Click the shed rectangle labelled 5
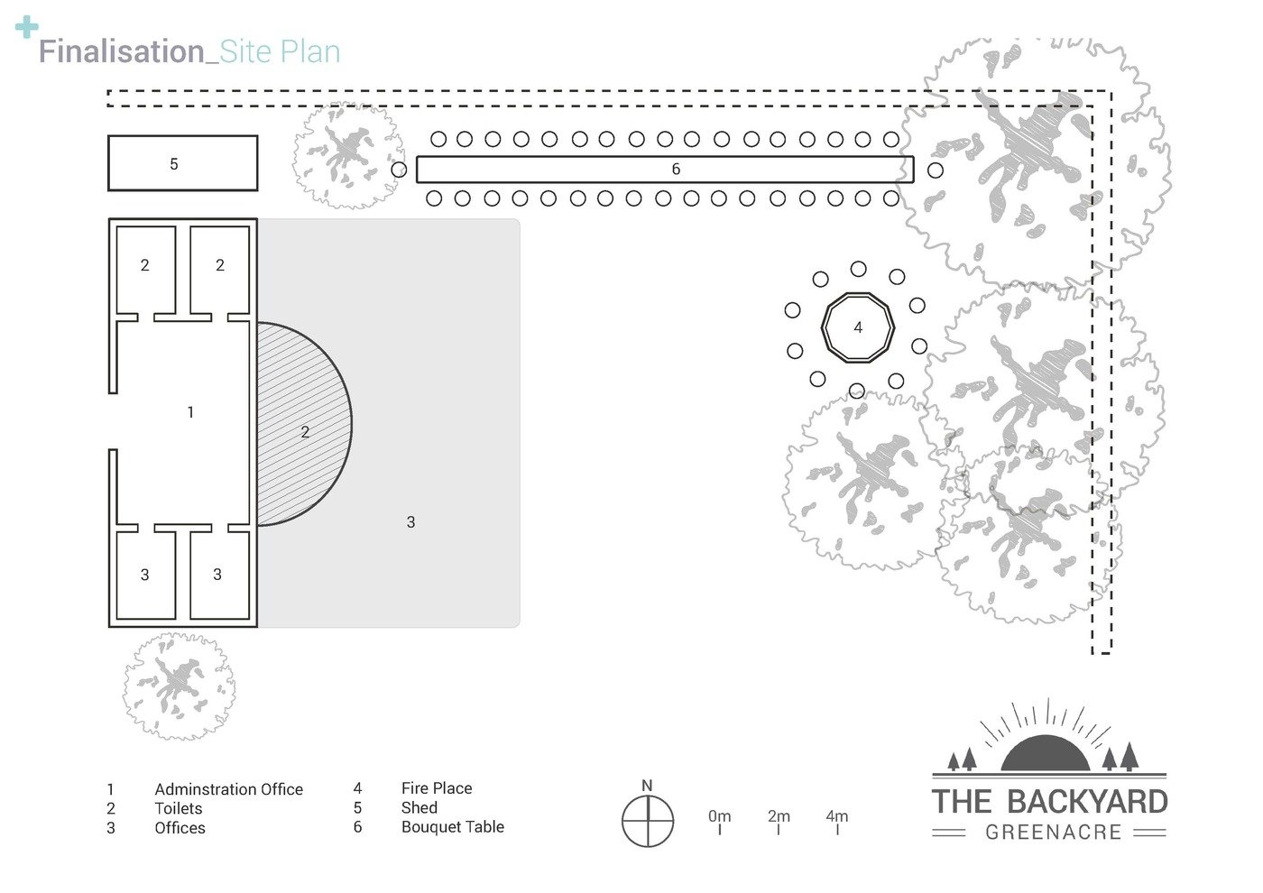pos(182,163)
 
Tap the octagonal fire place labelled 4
pos(858,327)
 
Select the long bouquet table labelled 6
pos(665,169)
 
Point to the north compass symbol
pos(647,820)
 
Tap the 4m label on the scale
pos(837,815)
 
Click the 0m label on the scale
pos(720,815)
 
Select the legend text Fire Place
pos(437,788)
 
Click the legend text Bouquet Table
pos(453,827)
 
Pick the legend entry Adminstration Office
pos(229,789)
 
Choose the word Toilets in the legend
pos(179,808)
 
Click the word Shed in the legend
pos(419,807)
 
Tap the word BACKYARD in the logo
pos(1086,802)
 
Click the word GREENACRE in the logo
pos(1053,832)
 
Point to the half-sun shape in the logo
pos(1046,753)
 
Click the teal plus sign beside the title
pos(27,28)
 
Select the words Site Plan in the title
pos(280,52)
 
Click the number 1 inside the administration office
pos(190,412)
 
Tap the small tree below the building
pos(180,686)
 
